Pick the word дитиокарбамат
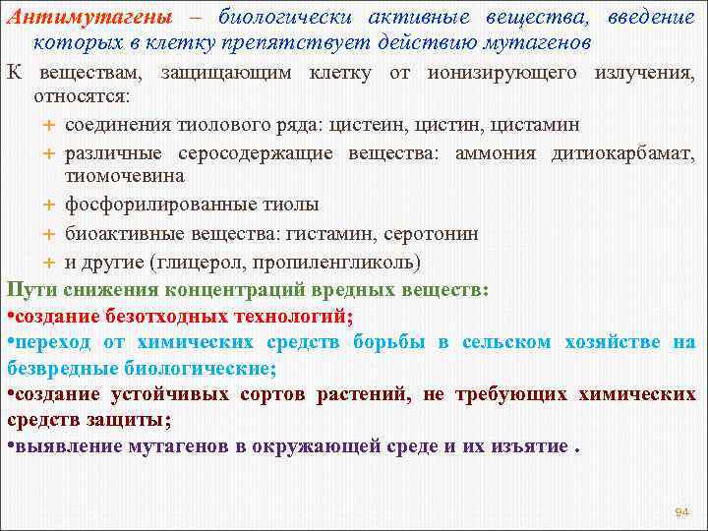tap(621, 154)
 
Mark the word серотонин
tap(433, 234)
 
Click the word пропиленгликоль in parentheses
tap(334, 263)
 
